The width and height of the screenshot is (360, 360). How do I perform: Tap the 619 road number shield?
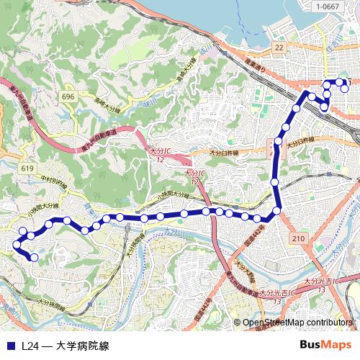28,168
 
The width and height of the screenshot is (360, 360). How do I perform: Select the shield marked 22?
279,48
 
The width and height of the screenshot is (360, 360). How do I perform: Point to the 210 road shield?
300,238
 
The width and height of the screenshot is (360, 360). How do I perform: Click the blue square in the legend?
9,346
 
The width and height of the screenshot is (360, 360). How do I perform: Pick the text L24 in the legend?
30,346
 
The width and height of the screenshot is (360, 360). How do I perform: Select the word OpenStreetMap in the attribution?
274,323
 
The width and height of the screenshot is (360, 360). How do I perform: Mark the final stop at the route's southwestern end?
34,256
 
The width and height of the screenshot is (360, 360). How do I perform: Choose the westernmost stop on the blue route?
17,246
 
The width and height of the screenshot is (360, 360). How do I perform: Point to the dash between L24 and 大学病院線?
46,346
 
